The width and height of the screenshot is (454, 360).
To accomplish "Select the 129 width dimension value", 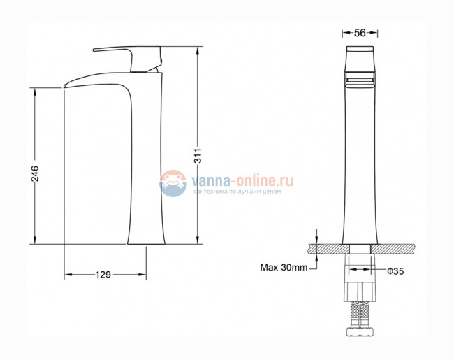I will [103, 274].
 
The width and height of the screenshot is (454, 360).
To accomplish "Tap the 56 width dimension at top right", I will [360, 32].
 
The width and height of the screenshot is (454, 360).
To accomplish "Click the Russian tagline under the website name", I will [237, 192].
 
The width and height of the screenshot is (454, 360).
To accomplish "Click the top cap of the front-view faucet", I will [360, 55].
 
